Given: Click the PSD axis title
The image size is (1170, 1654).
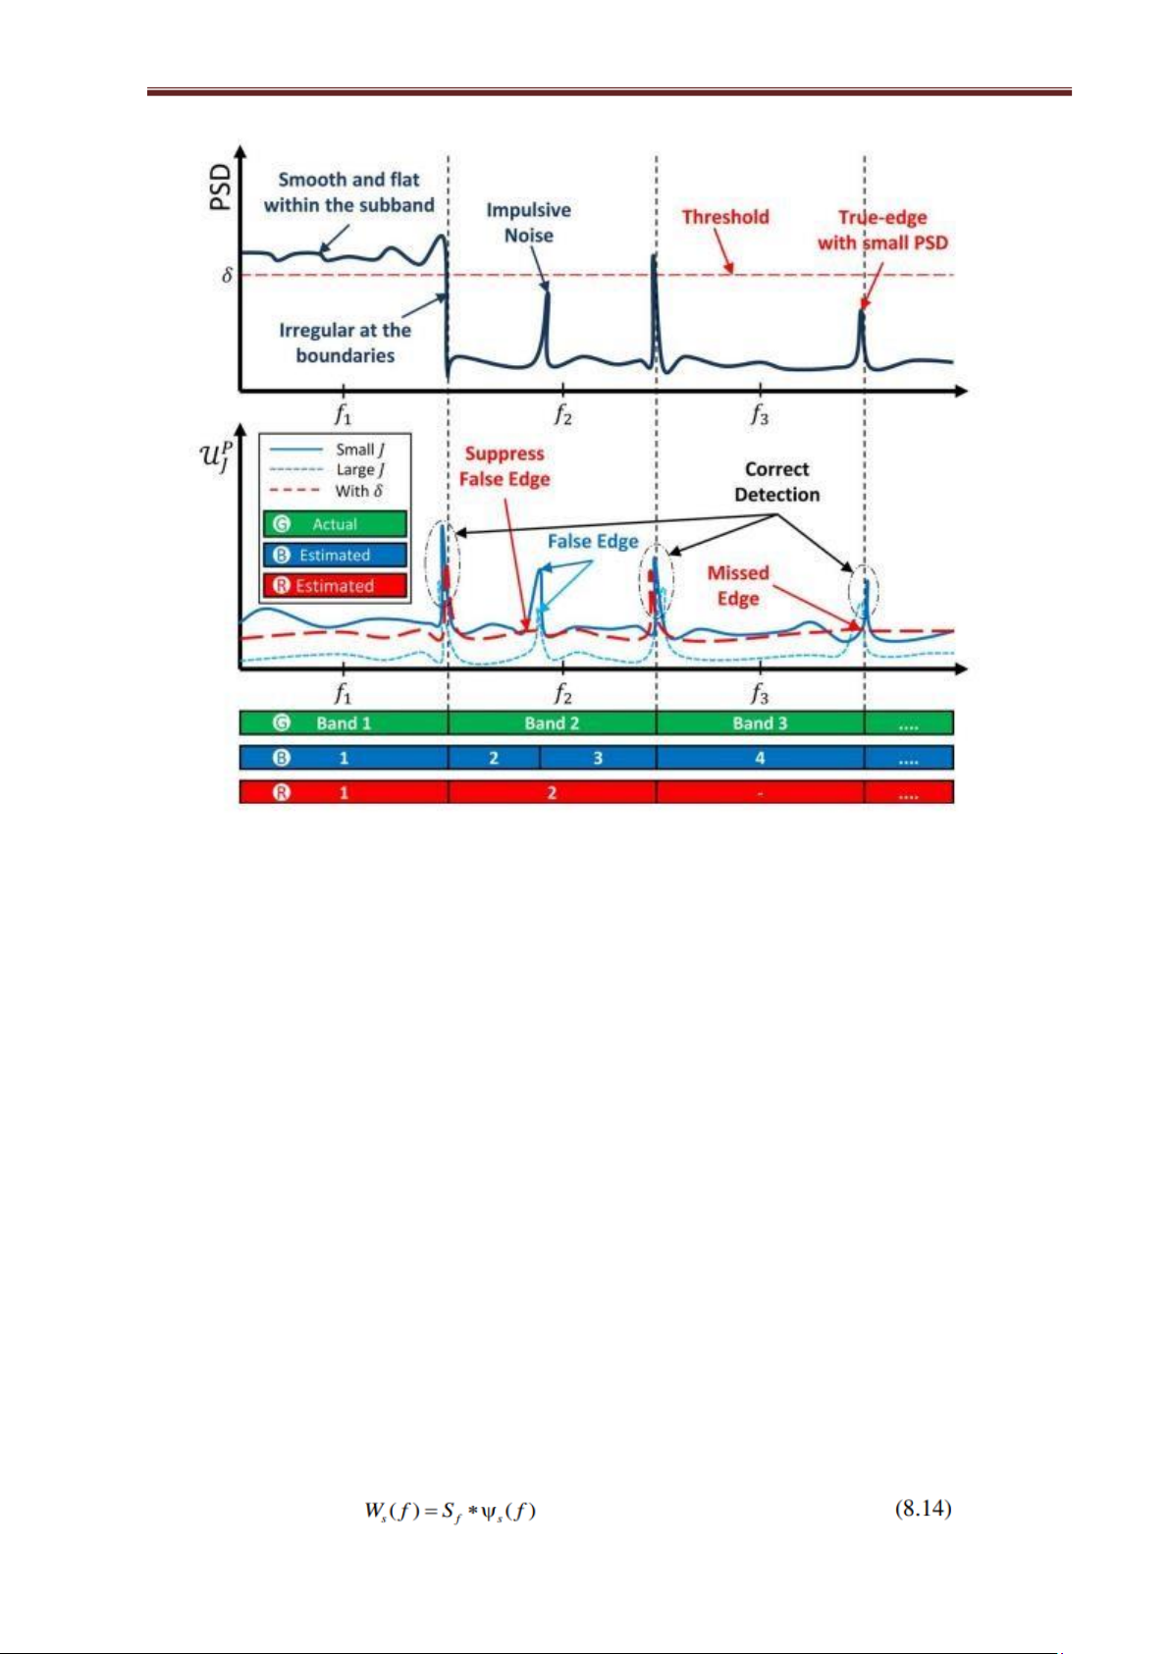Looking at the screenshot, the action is (x=220, y=187).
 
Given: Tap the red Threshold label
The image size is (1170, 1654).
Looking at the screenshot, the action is (x=725, y=217).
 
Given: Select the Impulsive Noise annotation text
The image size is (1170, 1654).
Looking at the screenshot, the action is (x=528, y=222).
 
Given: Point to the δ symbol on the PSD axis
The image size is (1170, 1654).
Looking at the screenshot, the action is (x=227, y=275).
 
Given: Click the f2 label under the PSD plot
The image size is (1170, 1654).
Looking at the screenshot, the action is (x=562, y=415).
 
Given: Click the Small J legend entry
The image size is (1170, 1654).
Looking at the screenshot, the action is (x=326, y=449).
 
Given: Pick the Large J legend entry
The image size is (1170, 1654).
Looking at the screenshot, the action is (x=326, y=469).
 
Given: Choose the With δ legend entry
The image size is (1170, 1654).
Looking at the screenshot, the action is (x=326, y=490).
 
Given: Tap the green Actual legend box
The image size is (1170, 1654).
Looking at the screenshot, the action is (x=335, y=524).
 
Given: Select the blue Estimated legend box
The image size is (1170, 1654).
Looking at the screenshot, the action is (x=335, y=556).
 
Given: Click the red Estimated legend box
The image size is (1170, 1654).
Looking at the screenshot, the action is (x=335, y=586).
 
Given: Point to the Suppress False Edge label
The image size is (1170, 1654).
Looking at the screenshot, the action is (x=505, y=466).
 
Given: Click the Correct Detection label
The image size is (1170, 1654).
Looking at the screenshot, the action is (x=776, y=481).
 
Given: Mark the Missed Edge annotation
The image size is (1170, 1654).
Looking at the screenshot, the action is (x=738, y=585).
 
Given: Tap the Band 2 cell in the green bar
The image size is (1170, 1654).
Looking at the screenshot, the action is (x=553, y=722).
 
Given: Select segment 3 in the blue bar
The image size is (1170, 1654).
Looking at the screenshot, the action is (x=598, y=758).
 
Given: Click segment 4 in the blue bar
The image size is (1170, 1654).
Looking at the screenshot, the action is (x=761, y=758).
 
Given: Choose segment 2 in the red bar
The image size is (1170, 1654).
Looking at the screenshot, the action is (x=553, y=792).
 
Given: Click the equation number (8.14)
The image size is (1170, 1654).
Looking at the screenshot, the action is (x=924, y=1508).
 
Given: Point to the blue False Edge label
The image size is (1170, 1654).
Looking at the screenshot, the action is (x=593, y=541).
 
